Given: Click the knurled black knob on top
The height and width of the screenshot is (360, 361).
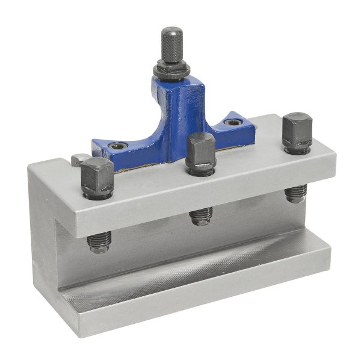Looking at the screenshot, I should pos(173,43).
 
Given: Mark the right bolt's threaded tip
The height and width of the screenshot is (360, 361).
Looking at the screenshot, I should pos(296,193).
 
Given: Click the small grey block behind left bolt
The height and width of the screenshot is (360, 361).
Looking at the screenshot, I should pos(78,160).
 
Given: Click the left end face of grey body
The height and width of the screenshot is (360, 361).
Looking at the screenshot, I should pos(45,241).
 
